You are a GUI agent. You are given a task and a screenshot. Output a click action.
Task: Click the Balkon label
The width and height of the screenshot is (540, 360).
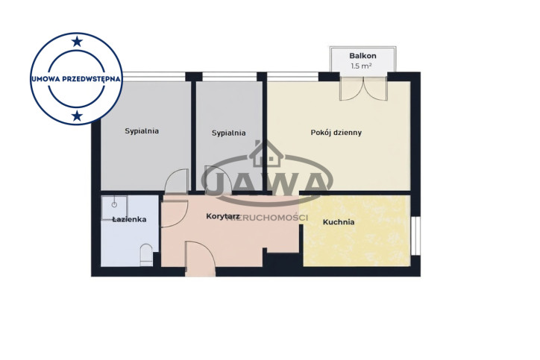(362, 56)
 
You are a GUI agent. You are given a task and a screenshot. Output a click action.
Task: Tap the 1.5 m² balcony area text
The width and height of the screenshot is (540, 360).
(361, 66)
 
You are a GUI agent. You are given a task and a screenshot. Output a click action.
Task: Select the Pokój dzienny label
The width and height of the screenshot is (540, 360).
(336, 133)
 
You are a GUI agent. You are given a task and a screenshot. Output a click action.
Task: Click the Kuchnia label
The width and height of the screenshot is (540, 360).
(339, 222)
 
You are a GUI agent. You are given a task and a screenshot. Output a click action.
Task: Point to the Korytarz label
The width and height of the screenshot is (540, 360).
(223, 216)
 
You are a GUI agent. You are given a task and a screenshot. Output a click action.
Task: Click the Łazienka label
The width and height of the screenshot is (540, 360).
(129, 219)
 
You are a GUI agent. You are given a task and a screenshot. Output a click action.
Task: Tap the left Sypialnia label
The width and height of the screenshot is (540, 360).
(142, 131)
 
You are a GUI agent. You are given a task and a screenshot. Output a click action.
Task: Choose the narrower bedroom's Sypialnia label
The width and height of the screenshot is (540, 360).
(229, 133)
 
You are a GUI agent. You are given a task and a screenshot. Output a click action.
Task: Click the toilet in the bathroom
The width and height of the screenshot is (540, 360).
(146, 255)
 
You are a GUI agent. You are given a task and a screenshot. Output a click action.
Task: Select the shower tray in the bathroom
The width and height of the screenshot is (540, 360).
(114, 208)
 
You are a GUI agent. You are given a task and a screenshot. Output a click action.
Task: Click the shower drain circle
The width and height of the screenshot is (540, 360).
(114, 205)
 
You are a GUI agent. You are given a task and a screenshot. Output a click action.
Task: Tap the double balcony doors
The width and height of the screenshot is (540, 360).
(364, 89)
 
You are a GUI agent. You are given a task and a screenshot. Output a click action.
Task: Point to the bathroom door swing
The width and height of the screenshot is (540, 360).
(175, 214)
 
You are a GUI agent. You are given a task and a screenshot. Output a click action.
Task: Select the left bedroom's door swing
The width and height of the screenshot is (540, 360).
(177, 180)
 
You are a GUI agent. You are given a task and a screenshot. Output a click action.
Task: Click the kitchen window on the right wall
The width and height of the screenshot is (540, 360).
(415, 236)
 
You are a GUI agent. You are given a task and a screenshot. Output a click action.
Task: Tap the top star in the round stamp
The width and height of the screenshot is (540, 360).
(77, 42)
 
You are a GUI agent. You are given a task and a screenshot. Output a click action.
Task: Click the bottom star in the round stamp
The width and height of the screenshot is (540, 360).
(77, 116)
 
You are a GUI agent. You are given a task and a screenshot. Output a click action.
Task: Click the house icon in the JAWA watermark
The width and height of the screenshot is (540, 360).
(266, 154)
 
